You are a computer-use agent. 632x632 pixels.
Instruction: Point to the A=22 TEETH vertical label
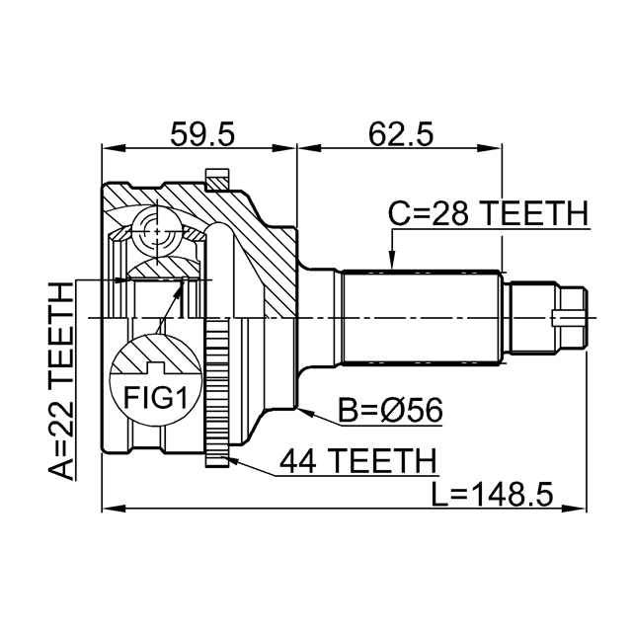pos(61,379)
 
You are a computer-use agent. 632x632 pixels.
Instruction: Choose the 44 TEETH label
pos(356,460)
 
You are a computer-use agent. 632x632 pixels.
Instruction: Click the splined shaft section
pos(420,316)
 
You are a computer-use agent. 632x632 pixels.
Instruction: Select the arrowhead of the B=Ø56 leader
pos(304,405)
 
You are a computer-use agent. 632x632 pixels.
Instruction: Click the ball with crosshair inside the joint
pos(155,233)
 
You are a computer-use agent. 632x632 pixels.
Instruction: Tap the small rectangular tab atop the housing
pos(216,180)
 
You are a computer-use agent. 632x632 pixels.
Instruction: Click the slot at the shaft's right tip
pos(568,317)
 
